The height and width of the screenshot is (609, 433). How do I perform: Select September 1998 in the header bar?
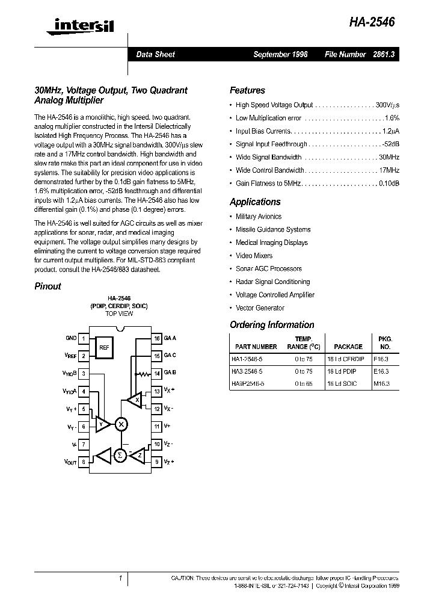280,54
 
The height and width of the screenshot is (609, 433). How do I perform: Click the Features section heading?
247,90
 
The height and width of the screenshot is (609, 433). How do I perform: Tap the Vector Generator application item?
260,308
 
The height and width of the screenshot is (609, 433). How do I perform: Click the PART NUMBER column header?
256,347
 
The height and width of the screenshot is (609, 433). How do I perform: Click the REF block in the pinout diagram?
104,347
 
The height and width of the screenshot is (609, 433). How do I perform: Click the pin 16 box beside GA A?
156,339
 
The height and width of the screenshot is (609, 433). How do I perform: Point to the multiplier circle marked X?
121,424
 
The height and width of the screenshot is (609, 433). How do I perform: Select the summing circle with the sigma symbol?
120,456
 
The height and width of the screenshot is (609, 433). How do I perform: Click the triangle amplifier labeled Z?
138,456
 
